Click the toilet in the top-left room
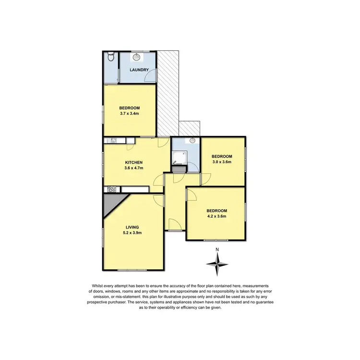pos(111,57)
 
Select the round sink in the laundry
pos(137,57)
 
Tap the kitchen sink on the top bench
pos(114,141)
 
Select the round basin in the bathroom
pos(192,141)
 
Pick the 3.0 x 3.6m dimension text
pos(222,162)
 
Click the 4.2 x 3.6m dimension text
pos(216,216)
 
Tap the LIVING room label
pos(132,227)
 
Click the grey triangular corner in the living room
pos(108,202)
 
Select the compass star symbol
pos(217,263)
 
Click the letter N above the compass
pos(217,249)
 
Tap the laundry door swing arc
pos(152,75)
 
